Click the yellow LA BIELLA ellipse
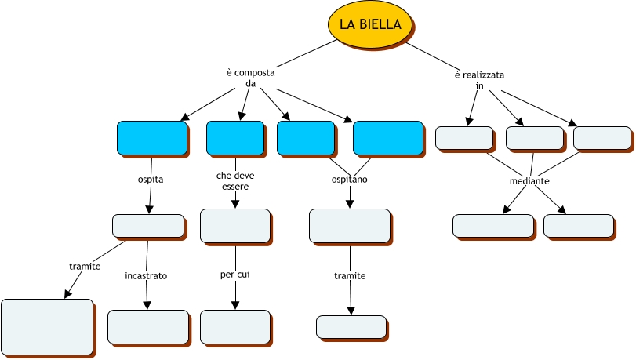[370, 25]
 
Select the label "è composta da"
[251, 78]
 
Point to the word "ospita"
[151, 180]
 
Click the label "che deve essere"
[235, 181]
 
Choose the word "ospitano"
[350, 180]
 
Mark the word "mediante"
[529, 181]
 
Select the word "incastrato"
[146, 276]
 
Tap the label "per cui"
[234, 275]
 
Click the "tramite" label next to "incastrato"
[85, 267]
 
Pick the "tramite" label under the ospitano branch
[350, 276]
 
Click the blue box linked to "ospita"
[151, 137]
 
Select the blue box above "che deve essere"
[234, 137]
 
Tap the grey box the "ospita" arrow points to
[147, 226]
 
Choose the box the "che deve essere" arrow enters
[234, 226]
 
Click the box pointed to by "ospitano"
[349, 225]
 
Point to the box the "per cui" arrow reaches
[234, 326]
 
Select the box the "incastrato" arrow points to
[147, 326]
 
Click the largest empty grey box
[47, 327]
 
